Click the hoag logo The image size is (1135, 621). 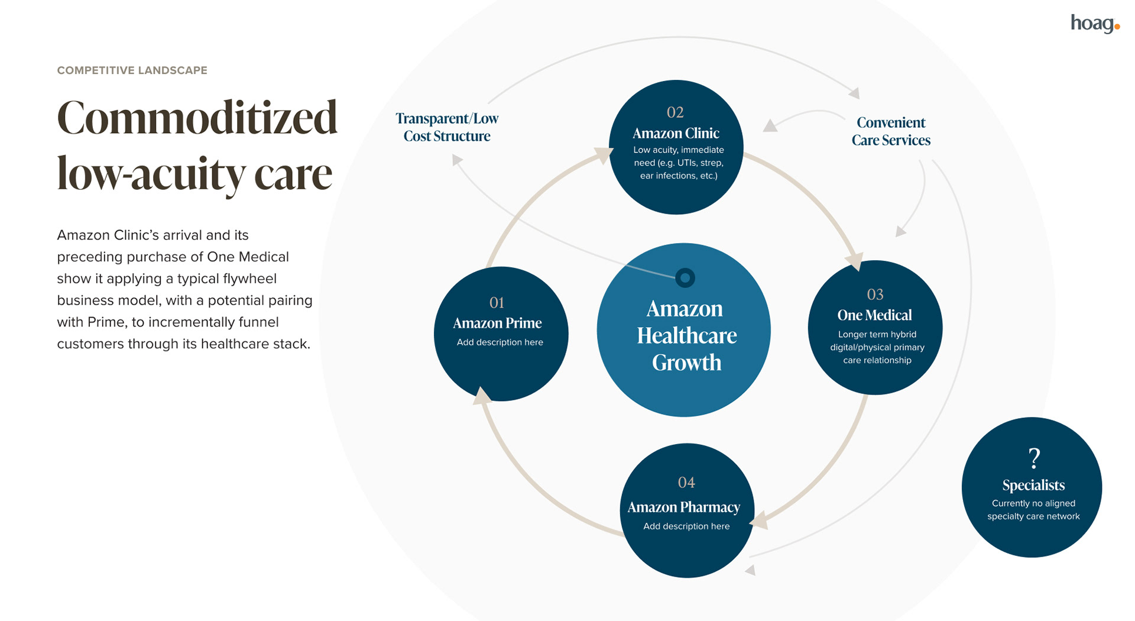click(1094, 24)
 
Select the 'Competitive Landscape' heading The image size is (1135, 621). click(132, 70)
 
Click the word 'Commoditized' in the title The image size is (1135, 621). click(197, 118)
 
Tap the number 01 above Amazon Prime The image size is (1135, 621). click(497, 303)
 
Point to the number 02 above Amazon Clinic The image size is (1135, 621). click(675, 112)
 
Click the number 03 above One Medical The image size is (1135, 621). click(875, 295)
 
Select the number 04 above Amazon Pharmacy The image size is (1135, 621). click(686, 483)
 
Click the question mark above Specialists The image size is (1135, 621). click(1033, 458)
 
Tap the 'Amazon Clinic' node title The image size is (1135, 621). click(676, 133)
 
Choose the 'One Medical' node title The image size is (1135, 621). click(874, 315)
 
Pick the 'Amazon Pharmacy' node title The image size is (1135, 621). click(683, 507)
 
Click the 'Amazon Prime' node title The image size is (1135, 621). click(497, 323)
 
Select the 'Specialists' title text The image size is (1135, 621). click(1033, 486)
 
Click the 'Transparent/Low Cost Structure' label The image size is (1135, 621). click(447, 127)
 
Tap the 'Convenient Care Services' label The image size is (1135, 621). click(891, 131)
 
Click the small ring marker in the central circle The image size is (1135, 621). click(685, 277)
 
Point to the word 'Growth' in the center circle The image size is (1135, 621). click(686, 363)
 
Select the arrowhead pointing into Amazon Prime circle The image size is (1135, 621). click(482, 396)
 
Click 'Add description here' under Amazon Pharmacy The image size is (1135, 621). click(686, 526)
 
